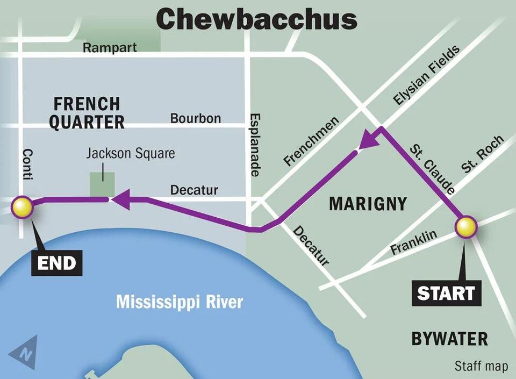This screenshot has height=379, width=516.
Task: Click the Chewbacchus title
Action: click(257, 19)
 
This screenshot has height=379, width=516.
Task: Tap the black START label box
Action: click(446, 294)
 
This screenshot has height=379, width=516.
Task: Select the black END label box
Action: click(56, 263)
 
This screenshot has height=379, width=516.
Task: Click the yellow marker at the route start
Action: click(466, 227)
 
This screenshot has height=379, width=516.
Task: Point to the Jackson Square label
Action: click(131, 154)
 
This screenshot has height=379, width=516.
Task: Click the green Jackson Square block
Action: click(102, 184)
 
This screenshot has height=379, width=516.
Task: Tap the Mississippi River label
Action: click(180, 302)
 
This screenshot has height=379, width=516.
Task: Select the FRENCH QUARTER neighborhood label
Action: click(87, 112)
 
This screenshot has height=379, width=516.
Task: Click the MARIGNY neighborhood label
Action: click(368, 204)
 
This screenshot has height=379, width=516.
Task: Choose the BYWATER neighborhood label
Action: click(449, 339)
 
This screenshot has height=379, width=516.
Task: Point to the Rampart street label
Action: click(110, 47)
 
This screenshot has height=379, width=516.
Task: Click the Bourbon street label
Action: click(195, 118)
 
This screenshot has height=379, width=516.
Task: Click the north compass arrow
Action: click(24, 352)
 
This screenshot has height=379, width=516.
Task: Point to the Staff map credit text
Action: click(481, 366)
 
